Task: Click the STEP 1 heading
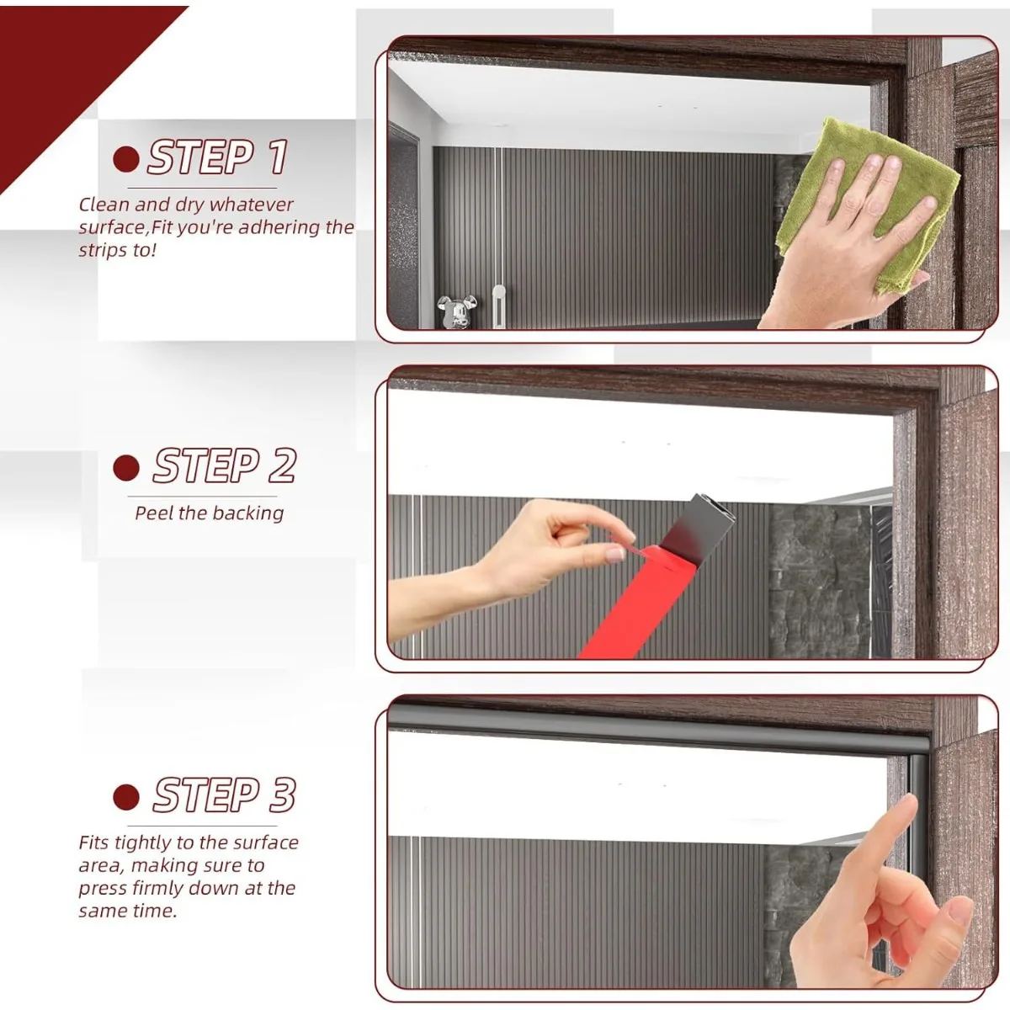(218, 157)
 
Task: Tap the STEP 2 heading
(225, 465)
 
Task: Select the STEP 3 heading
(225, 795)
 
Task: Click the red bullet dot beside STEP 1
(125, 159)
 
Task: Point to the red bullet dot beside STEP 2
(125, 467)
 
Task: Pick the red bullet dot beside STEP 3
(125, 797)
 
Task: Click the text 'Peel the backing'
(209, 513)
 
